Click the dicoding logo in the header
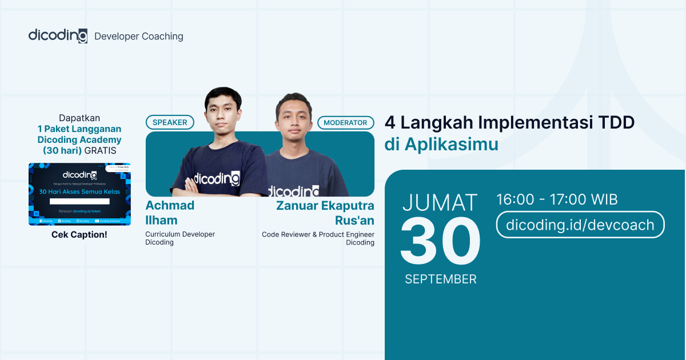(x=58, y=35)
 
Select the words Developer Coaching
(x=138, y=37)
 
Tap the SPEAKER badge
(x=170, y=122)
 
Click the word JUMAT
(x=440, y=203)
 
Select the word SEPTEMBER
(x=440, y=279)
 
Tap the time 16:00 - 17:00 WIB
(x=557, y=199)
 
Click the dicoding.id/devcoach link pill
(x=580, y=225)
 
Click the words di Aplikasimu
(x=441, y=145)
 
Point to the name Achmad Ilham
(x=170, y=213)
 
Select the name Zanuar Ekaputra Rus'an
(x=325, y=213)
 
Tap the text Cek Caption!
(x=79, y=234)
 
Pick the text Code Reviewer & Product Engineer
(x=318, y=234)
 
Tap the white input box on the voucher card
(x=79, y=201)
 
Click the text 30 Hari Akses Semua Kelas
(x=79, y=191)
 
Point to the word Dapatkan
(x=79, y=118)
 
